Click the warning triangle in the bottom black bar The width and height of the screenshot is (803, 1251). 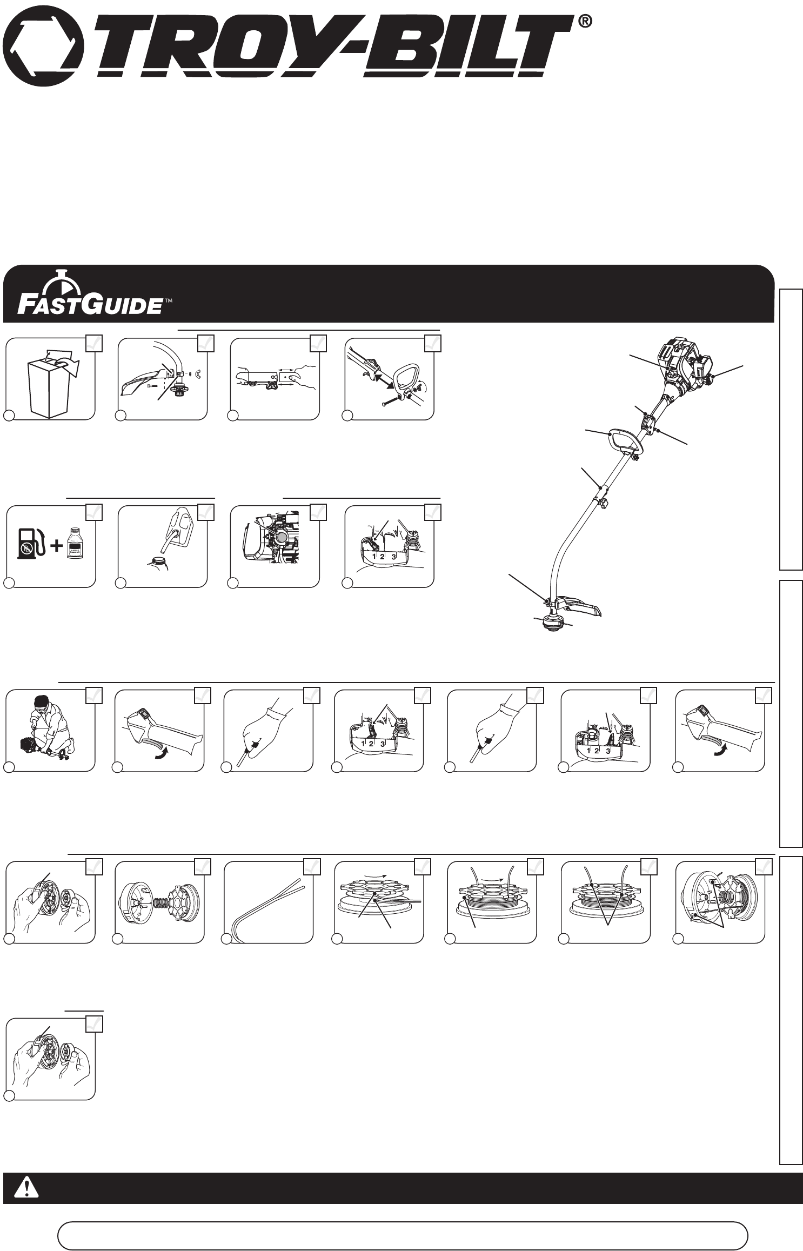coord(24,1188)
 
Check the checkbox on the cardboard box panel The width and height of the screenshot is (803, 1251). coord(94,344)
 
